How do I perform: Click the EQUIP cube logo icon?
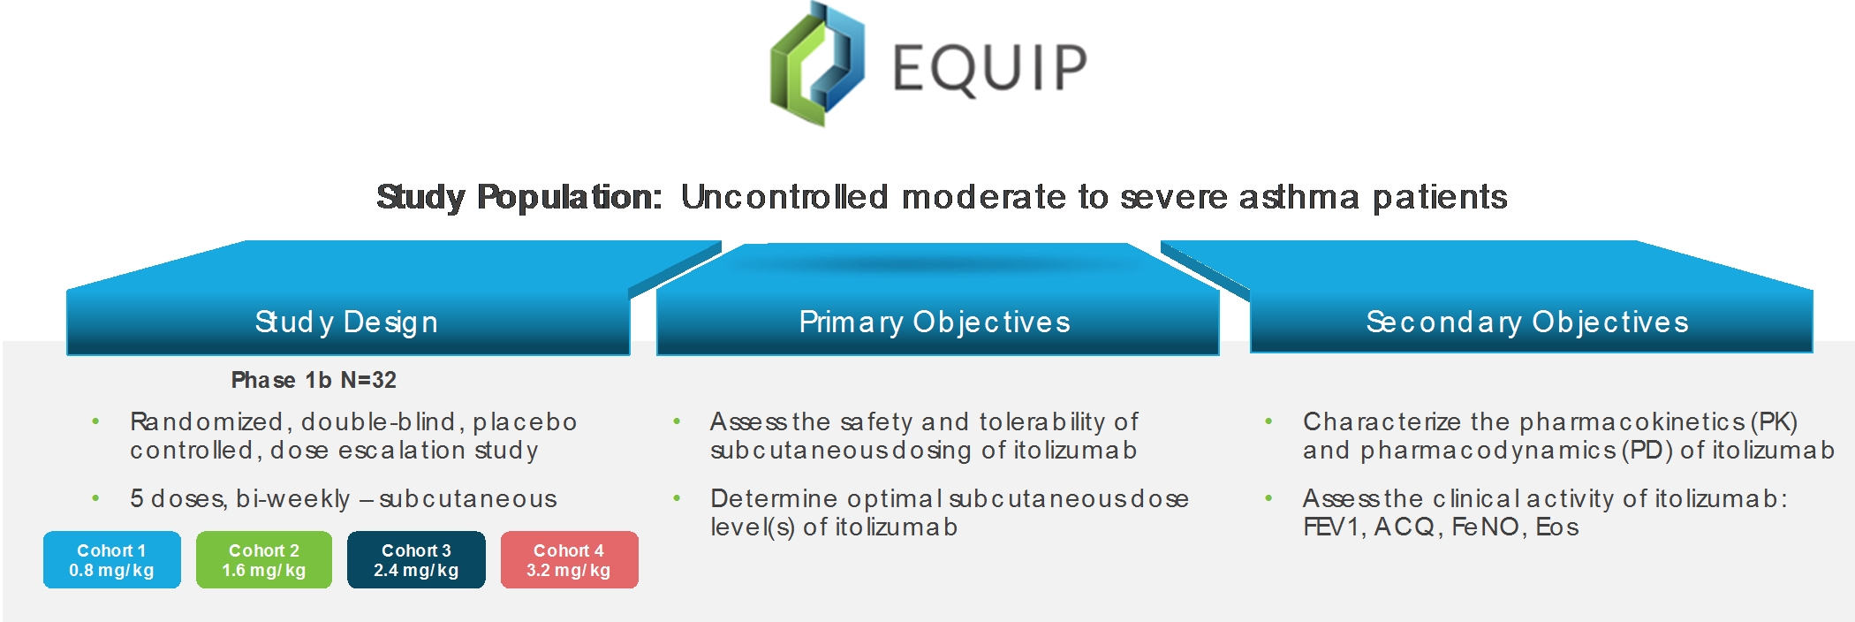[x=817, y=64]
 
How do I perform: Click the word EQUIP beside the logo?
[x=989, y=68]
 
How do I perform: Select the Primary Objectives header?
[x=935, y=322]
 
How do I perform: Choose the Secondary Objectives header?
[x=1527, y=322]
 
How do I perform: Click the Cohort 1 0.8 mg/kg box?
[x=112, y=559]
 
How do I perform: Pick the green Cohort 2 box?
[x=264, y=559]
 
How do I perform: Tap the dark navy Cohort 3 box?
[x=416, y=559]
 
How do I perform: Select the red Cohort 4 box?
[x=569, y=559]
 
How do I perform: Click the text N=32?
[x=368, y=381]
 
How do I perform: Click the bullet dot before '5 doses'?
[x=95, y=498]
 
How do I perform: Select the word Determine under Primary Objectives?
[x=774, y=499]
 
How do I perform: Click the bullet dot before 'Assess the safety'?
[x=677, y=421]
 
